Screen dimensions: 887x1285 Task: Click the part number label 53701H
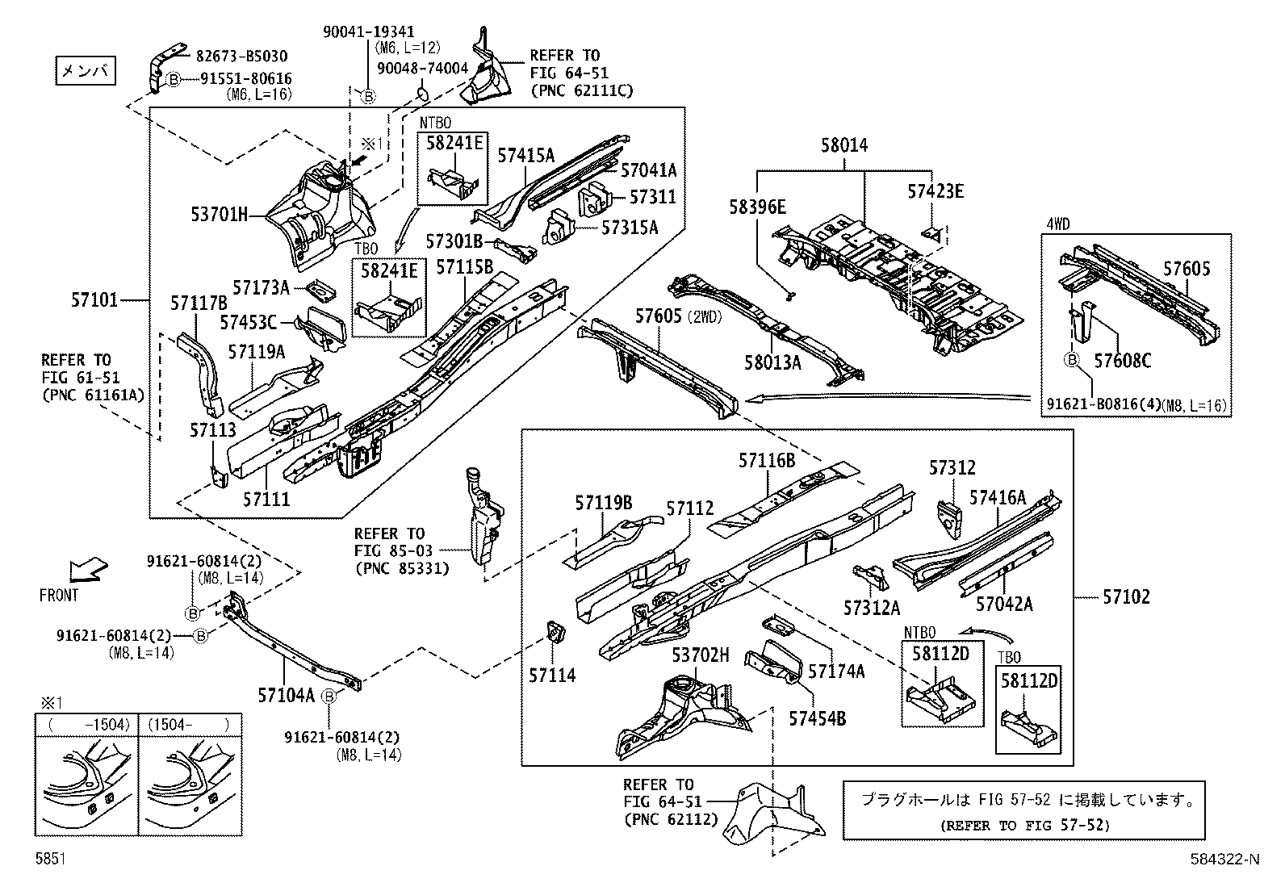219,215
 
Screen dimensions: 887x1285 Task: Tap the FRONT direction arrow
86,570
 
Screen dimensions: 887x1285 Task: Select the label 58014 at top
844,145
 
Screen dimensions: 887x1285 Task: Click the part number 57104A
286,694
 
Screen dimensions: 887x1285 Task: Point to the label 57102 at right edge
1126,596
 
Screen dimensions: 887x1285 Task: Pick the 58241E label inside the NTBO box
454,143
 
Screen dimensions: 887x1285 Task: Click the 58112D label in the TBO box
1028,680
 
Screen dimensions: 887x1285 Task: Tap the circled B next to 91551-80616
173,79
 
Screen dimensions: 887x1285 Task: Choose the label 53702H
700,655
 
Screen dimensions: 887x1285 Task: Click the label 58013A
772,362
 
